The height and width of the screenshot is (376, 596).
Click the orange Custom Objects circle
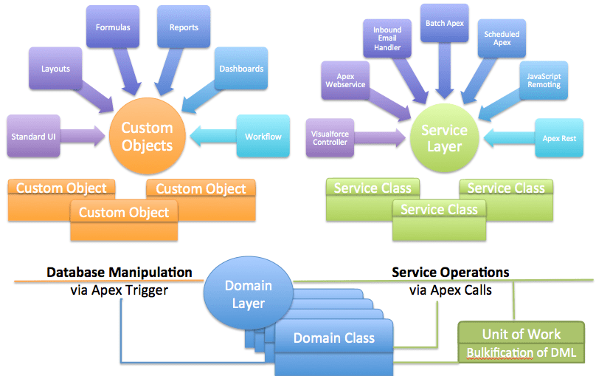tap(147, 136)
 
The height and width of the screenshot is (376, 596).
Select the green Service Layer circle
tap(444, 138)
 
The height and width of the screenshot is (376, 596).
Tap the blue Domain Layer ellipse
tap(248, 294)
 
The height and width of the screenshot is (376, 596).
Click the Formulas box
tap(113, 28)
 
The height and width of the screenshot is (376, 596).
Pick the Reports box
tap(184, 28)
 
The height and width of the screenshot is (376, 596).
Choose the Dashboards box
tap(241, 69)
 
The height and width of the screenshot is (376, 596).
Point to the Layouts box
tap(55, 69)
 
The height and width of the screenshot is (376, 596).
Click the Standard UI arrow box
tap(35, 137)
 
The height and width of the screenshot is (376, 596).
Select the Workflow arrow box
tap(263, 137)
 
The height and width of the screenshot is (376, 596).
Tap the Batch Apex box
tap(445, 24)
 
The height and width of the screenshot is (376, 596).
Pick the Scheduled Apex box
tap(502, 38)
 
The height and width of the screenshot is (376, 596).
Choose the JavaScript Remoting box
tap(544, 81)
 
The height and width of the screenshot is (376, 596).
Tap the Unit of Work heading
tap(521, 333)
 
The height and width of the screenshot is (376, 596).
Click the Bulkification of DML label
tap(521, 352)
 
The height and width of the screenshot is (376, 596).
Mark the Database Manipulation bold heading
tap(119, 273)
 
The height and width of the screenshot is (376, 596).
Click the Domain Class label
tap(334, 338)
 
